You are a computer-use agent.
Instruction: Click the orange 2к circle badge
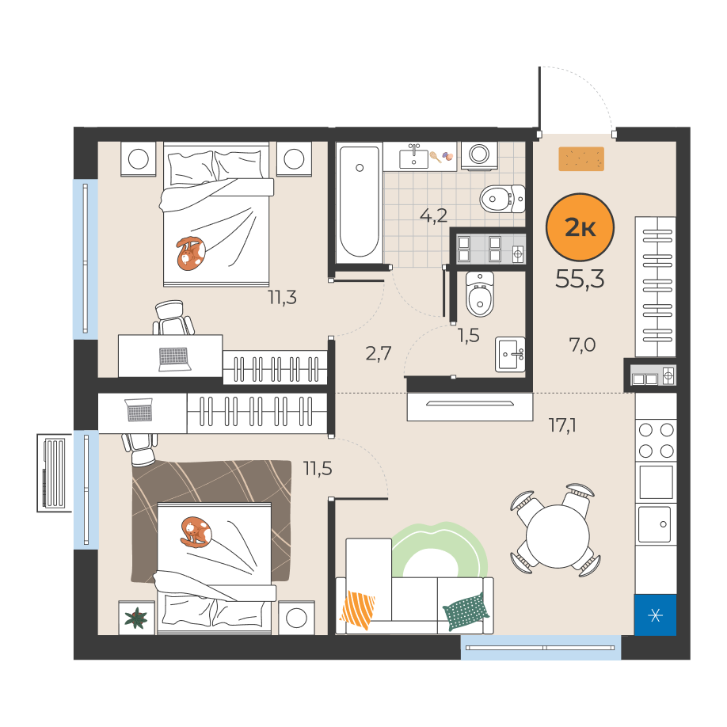coord(580,227)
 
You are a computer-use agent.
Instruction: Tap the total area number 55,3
coord(580,279)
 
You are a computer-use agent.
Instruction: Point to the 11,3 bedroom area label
coord(282,297)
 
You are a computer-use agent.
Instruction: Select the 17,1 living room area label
coord(562,425)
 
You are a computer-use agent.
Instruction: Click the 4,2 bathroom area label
coord(433,215)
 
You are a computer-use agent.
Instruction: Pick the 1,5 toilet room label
coord(468,336)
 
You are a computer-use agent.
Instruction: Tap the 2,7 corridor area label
coord(379,353)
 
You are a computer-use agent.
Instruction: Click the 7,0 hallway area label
coord(582,345)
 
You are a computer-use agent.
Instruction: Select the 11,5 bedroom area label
coord(318,469)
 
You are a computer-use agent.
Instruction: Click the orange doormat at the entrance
coord(581,159)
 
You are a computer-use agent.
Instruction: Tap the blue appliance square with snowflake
coord(656,615)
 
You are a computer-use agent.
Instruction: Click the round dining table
coord(558,536)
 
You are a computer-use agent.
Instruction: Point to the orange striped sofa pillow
coord(357,610)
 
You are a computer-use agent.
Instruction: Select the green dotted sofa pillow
coord(466,611)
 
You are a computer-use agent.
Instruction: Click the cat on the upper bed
coord(190,253)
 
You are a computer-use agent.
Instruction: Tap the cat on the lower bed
coord(196,532)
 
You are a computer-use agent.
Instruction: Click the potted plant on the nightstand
coord(136,618)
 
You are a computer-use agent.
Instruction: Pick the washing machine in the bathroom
coord(479,156)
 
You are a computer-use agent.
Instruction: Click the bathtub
coord(359,202)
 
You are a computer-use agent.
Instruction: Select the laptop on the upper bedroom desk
coord(174,359)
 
